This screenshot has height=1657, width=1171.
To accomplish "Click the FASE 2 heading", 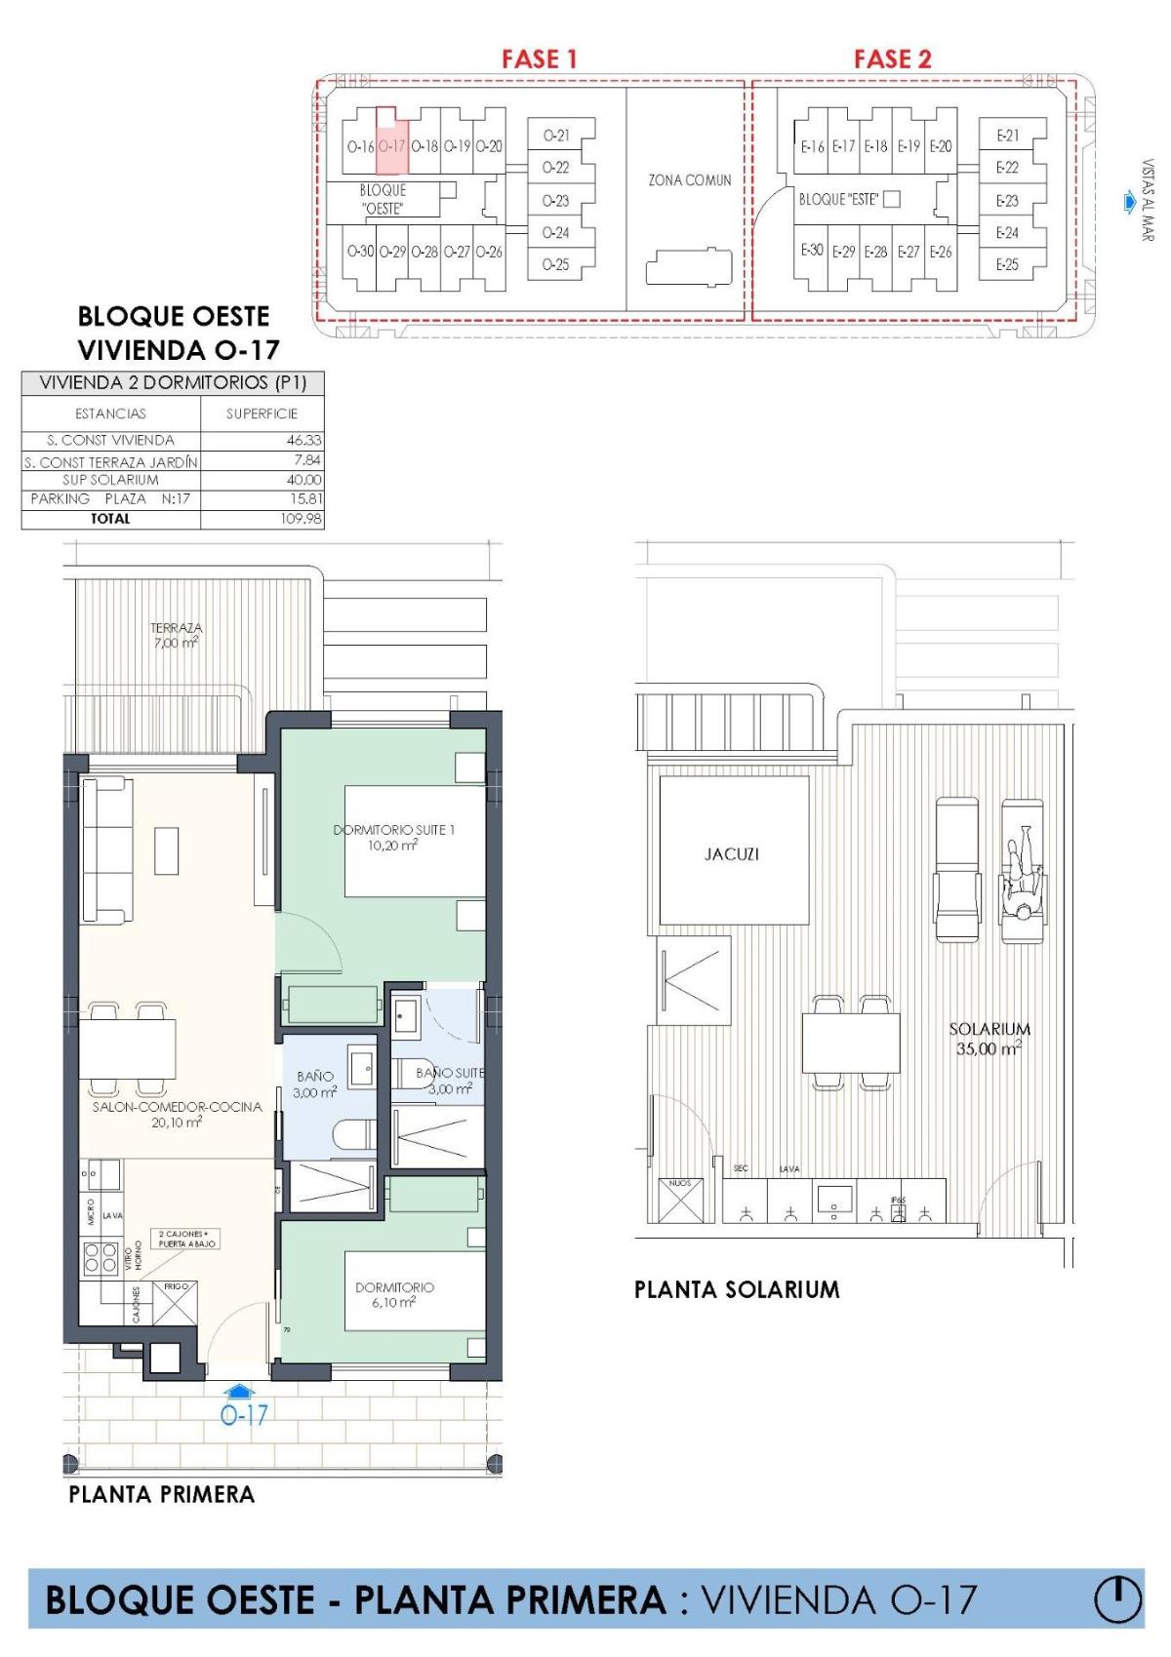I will (x=892, y=59).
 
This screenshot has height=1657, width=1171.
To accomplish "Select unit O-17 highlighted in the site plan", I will (x=391, y=145).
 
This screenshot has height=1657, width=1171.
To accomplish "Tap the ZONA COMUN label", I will (x=689, y=180).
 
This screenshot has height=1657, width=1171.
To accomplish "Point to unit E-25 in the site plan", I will (x=1007, y=264).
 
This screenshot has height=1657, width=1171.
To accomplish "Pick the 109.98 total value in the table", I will (x=301, y=519).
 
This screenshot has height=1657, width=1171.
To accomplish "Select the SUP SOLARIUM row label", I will (x=110, y=480).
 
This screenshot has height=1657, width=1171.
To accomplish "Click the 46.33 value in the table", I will (x=303, y=441).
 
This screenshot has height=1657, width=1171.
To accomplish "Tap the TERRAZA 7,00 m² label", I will (x=176, y=636).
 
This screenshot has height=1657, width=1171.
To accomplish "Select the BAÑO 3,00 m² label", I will (x=314, y=1085).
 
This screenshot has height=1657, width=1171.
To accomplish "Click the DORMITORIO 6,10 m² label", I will (x=394, y=1294).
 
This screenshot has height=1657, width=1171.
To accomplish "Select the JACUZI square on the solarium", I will (x=733, y=850).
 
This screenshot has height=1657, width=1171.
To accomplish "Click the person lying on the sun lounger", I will (x=1022, y=872).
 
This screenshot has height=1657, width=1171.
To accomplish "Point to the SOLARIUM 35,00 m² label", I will (x=989, y=1038).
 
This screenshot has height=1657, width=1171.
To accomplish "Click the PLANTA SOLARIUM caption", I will (x=737, y=1289).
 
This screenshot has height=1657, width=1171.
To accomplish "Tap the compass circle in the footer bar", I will (x=1117, y=1600).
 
